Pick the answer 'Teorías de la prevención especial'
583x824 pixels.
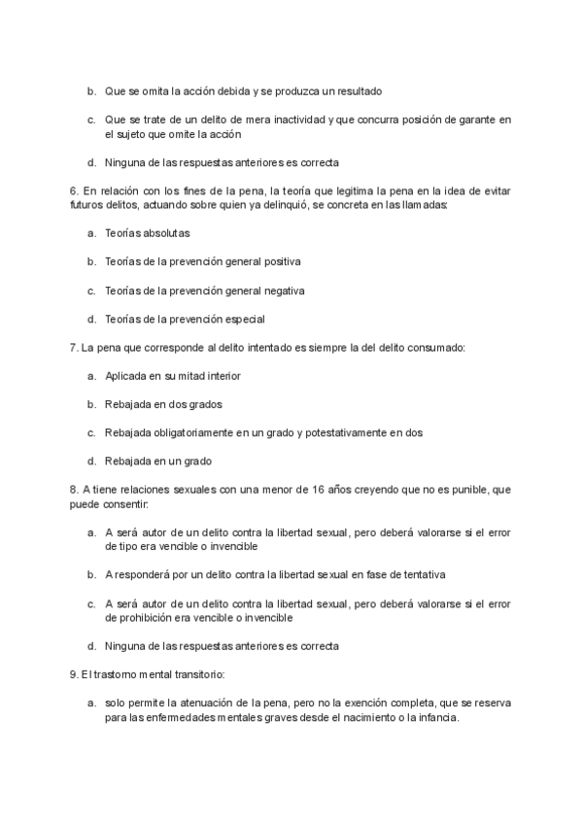tap(185, 319)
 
